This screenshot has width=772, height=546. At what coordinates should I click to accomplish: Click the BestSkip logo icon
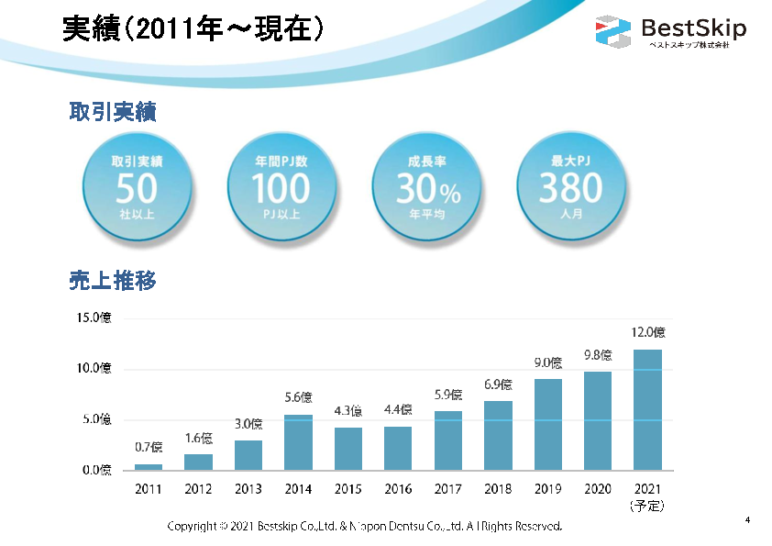click(613, 32)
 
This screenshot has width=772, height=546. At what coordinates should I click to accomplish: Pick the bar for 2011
click(148, 467)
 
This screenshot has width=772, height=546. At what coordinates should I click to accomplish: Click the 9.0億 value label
click(548, 362)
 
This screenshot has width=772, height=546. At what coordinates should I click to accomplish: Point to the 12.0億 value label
click(647, 332)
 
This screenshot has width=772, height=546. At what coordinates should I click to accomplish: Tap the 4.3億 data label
click(348, 410)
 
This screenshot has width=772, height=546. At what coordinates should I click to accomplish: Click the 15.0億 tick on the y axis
click(94, 318)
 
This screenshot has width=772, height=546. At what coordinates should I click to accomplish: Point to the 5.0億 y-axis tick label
click(94, 420)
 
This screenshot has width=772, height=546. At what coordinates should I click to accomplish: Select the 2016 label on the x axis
click(398, 489)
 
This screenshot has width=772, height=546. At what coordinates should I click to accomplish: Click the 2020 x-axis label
click(598, 489)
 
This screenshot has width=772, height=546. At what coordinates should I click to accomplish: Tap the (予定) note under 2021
click(647, 506)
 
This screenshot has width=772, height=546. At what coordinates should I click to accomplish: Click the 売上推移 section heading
click(113, 281)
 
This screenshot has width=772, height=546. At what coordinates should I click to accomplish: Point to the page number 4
click(747, 521)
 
